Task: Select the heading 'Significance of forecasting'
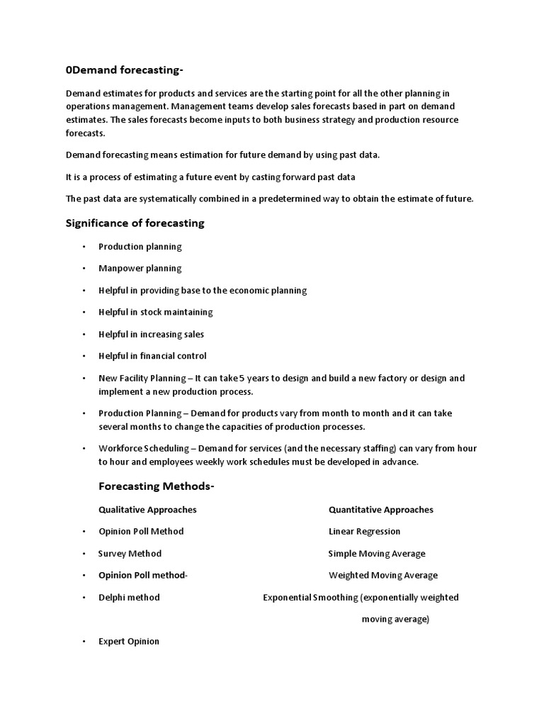(135, 223)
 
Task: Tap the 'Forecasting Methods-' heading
(156, 486)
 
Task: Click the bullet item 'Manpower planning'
(140, 269)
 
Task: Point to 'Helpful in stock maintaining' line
(155, 312)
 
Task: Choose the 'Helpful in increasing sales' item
(151, 334)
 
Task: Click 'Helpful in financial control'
(152, 356)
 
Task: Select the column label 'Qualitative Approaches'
(147, 510)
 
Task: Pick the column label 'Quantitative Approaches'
(380, 510)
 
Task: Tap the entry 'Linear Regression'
(364, 532)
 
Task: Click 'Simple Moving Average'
(376, 554)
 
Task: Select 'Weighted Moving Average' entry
(382, 576)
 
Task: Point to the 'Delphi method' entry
(129, 598)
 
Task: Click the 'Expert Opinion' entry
(129, 642)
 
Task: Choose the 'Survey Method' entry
(130, 554)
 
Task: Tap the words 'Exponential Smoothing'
(310, 598)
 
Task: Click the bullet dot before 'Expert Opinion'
(83, 642)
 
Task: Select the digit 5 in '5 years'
(262, 378)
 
